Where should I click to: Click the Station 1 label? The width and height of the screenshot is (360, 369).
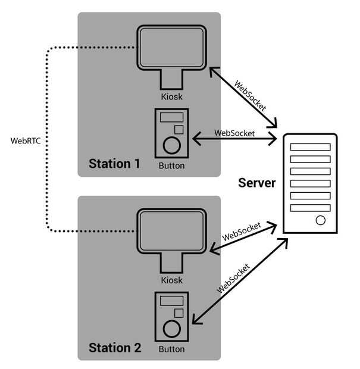[114, 163]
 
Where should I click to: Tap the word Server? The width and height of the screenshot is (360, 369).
[257, 183]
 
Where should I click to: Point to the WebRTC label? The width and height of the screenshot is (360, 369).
[25, 141]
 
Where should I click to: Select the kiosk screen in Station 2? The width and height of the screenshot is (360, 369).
[171, 230]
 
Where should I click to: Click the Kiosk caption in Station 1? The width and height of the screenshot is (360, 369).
[171, 95]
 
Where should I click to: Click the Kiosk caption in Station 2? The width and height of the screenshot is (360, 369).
[171, 279]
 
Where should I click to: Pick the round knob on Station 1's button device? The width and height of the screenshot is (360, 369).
[171, 145]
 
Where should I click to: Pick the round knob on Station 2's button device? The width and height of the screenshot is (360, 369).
[171, 328]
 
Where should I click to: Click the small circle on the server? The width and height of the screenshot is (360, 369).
[321, 220]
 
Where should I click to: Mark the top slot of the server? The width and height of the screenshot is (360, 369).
[310, 147]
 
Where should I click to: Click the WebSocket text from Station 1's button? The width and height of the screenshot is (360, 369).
[234, 133]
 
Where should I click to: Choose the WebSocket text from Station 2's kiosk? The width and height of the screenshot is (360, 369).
[242, 231]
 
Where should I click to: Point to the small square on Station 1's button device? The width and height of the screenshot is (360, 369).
[178, 129]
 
